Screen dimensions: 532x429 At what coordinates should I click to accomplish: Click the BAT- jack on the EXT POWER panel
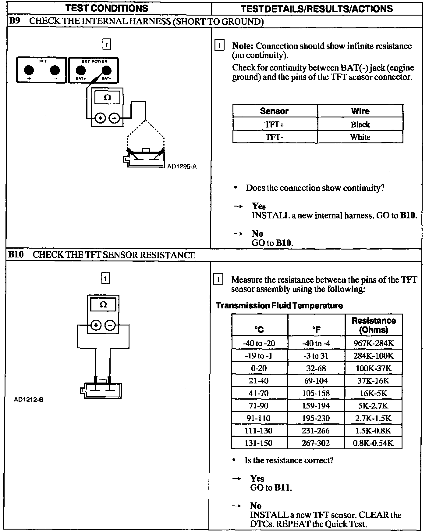[106, 70]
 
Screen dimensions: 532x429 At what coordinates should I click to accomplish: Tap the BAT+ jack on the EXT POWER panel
[80, 70]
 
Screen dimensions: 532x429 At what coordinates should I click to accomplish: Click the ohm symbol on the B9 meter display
[107, 98]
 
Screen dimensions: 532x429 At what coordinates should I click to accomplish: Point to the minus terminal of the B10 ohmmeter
[110, 325]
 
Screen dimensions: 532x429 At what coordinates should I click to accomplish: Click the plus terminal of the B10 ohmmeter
[96, 325]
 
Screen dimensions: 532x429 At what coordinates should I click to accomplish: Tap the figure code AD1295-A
[182, 167]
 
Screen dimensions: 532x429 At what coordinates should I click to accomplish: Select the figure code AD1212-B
[29, 399]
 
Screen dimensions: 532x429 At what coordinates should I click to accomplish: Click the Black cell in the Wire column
[360, 124]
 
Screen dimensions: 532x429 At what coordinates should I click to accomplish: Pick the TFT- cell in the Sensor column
[275, 137]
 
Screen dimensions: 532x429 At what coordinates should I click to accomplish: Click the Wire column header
[360, 111]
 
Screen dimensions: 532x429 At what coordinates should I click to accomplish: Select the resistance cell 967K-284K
[374, 343]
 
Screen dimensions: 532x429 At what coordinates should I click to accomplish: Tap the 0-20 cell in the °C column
[259, 368]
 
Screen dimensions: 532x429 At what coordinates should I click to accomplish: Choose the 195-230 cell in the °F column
[316, 418]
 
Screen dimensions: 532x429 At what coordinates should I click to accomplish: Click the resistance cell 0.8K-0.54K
[373, 443]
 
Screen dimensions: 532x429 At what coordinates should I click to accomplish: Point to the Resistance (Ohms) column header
[374, 325]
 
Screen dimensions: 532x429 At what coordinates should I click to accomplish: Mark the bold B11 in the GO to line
[282, 487]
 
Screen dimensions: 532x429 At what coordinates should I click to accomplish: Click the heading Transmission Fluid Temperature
[279, 306]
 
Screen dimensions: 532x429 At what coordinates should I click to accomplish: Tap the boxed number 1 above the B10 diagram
[105, 279]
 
